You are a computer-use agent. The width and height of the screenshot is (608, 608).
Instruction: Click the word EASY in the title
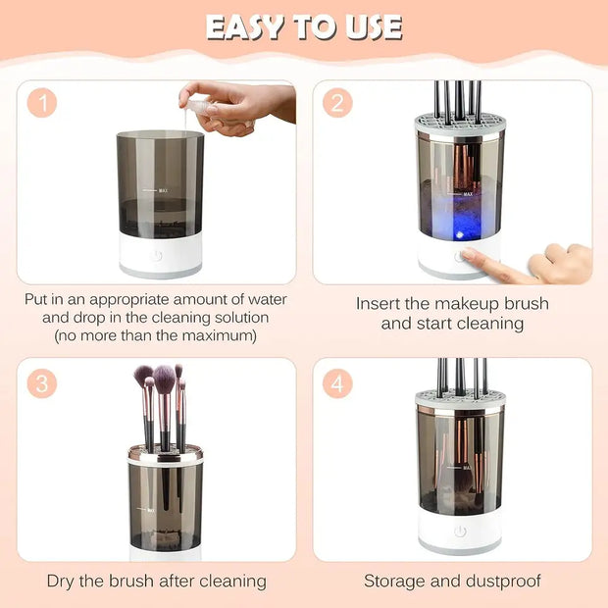click(250, 26)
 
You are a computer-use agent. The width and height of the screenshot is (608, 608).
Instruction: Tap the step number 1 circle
click(41, 103)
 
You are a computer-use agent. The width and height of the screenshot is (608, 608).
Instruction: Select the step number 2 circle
click(337, 103)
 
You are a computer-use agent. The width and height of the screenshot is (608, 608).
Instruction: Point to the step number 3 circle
click(41, 382)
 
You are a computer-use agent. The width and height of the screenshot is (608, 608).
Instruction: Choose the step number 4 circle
click(337, 382)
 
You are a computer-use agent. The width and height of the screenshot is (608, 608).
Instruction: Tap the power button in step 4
click(459, 531)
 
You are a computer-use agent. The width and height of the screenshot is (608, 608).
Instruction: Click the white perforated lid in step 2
click(459, 127)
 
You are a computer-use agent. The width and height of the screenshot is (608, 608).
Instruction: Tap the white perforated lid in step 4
click(459, 399)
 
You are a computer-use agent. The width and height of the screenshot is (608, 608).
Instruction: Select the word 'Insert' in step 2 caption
click(379, 304)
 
